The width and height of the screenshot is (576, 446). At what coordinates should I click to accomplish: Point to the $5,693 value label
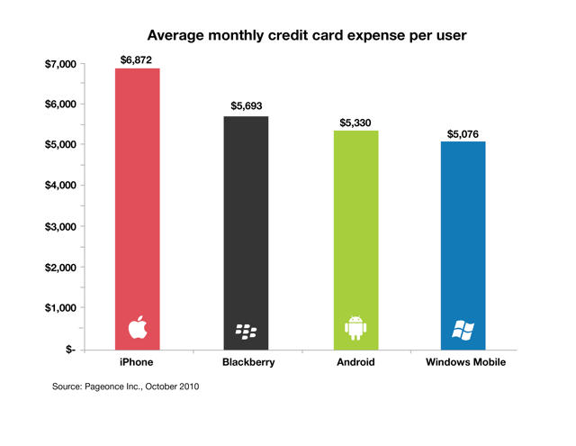coord(247,105)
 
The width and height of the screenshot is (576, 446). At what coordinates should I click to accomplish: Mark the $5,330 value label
coord(356,120)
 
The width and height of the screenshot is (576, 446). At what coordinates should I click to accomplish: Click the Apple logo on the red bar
coord(136,328)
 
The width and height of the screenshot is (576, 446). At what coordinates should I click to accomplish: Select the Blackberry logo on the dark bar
coord(246,330)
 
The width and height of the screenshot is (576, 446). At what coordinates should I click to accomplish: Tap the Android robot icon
coord(356,328)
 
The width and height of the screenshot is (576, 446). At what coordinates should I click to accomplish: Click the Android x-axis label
coord(356,362)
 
